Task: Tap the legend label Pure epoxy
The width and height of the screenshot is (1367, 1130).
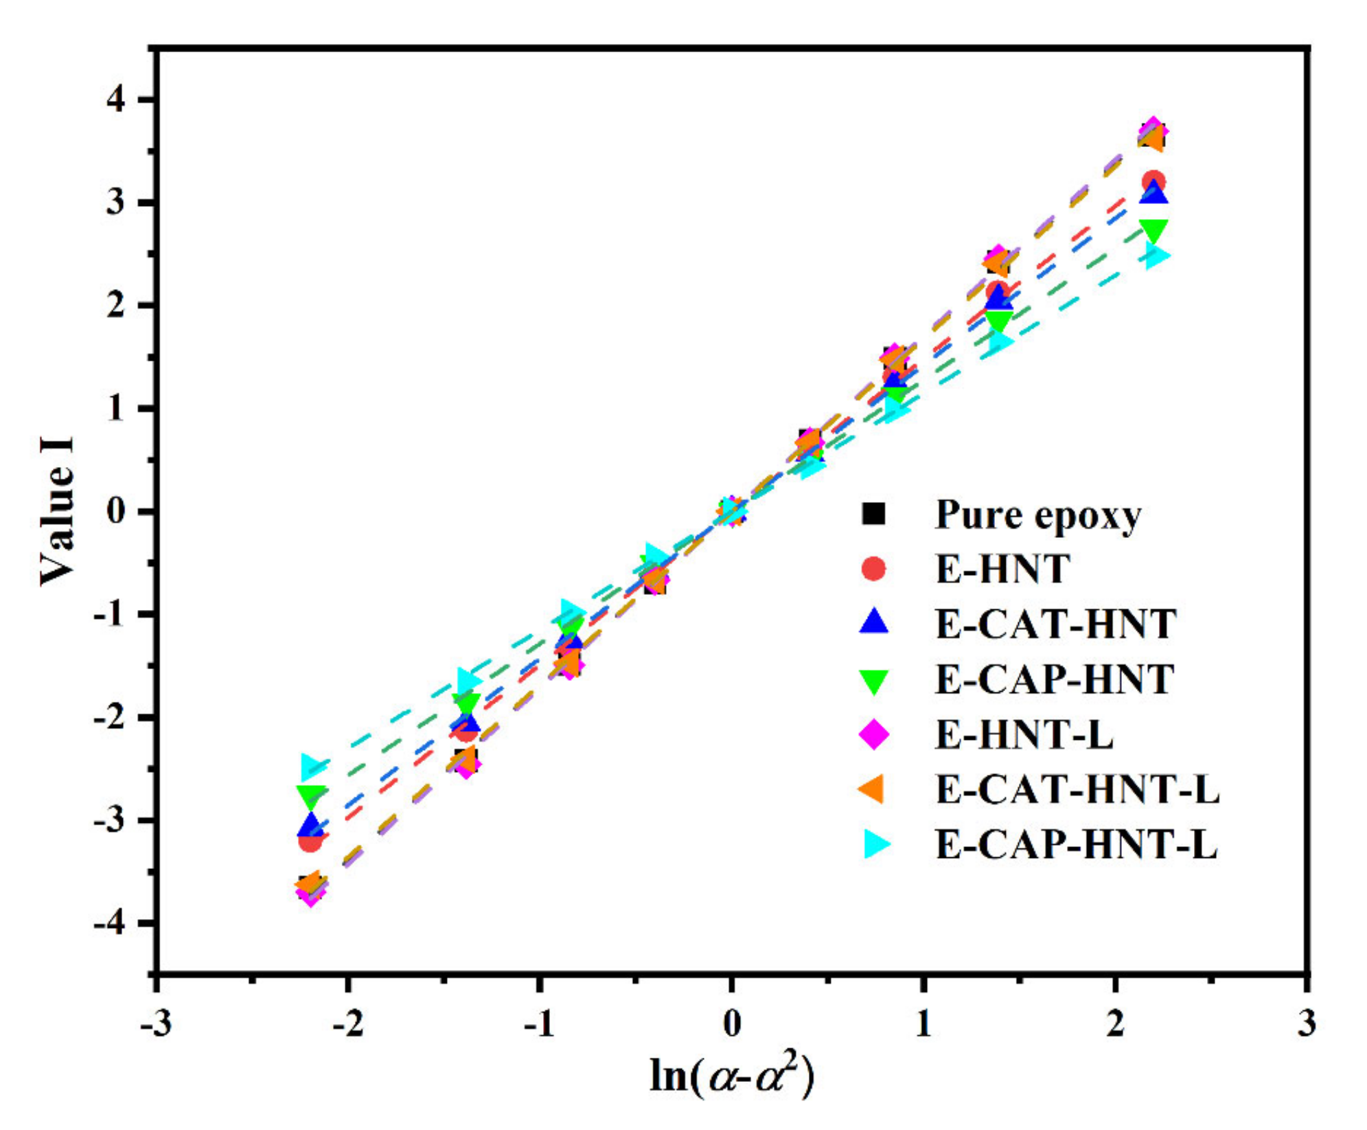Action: (x=1037, y=515)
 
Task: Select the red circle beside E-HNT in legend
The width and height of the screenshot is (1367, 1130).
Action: (x=873, y=569)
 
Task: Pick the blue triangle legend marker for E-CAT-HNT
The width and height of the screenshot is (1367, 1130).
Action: (x=873, y=622)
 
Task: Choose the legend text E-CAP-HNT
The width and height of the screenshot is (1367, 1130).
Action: (x=1055, y=679)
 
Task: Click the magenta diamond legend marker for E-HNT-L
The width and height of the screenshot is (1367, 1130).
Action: (x=874, y=734)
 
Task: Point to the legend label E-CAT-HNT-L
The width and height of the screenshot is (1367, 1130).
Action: (x=1077, y=789)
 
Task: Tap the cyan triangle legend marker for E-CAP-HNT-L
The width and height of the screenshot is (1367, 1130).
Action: (x=876, y=844)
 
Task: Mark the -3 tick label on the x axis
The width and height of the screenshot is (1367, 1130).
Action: (x=155, y=1024)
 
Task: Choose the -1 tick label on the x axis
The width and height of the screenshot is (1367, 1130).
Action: (x=539, y=1024)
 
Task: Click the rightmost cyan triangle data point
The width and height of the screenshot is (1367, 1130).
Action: (x=1156, y=257)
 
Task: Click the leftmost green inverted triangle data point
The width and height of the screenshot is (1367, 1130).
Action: (x=310, y=795)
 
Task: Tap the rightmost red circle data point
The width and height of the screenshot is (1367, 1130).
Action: (x=1153, y=183)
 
